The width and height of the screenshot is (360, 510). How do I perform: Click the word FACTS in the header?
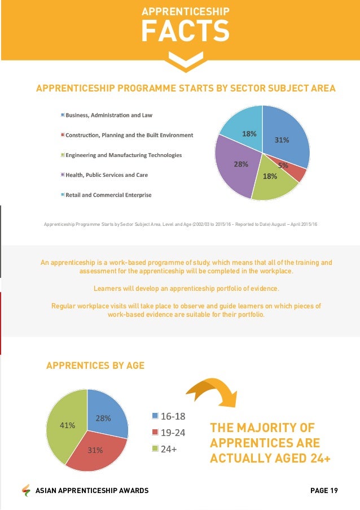pos(185,31)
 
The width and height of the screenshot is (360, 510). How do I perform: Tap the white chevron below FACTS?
pos(185,60)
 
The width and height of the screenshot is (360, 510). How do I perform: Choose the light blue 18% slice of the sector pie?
pos(244,130)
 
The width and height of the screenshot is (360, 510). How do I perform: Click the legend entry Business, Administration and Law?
pos(109,115)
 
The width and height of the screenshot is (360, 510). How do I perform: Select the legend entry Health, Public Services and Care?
pos(107,175)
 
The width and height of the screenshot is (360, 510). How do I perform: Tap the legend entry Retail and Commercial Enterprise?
pos(108,195)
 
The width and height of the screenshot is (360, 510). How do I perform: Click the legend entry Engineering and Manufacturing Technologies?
pos(124,155)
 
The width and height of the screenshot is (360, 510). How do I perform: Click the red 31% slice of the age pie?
pos(95,452)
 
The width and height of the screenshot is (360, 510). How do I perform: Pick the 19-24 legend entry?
pos(169,433)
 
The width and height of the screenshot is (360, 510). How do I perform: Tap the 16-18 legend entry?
pos(169,417)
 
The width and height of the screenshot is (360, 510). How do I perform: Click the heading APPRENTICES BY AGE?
pos(95,366)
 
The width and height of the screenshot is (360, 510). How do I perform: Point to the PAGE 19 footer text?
pos(324,490)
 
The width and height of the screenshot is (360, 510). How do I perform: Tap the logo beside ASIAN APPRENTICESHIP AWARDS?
pos(26,490)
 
